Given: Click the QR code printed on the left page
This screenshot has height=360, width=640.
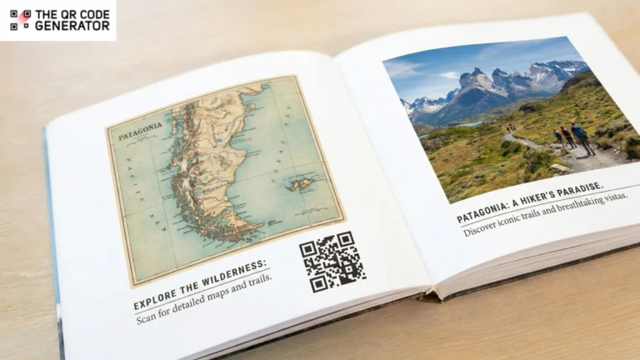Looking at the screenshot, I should pyautogui.click(x=332, y=262).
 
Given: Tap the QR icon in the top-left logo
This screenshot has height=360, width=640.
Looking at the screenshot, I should pyautogui.click(x=21, y=20).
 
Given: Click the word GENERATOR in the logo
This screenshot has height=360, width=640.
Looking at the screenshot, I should pyautogui.click(x=72, y=26).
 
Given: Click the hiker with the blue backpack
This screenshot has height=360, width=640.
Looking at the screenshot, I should pyautogui.click(x=580, y=136).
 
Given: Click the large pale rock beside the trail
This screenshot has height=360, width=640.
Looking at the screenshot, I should pyautogui.click(x=560, y=167).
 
